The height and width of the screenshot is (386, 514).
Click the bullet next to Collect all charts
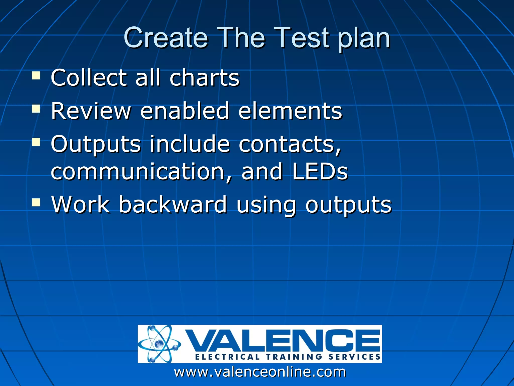coord(36,76)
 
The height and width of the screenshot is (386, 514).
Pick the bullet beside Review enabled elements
coord(36,109)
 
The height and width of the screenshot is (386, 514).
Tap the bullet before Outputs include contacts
coord(36,142)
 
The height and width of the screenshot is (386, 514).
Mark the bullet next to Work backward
coord(36,202)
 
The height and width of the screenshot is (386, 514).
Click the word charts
coord(204,78)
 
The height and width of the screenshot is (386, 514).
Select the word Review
coord(91,111)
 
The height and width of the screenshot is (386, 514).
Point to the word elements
coord(290,111)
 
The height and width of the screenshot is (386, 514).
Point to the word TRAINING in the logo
coord(294,357)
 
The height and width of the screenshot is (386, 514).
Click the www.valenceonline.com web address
coord(260,372)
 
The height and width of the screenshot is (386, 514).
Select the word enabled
coord(184,111)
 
